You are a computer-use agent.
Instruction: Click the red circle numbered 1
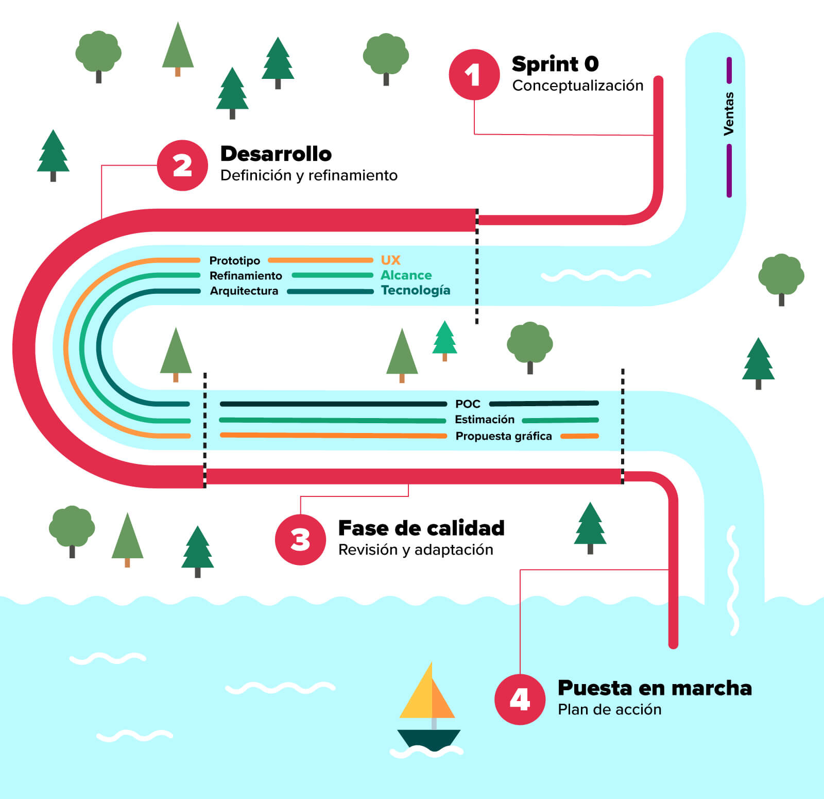coord(474,75)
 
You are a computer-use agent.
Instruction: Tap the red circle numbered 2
coord(182,165)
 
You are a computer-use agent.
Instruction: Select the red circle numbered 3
coord(300,540)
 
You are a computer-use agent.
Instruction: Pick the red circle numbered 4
coord(520,700)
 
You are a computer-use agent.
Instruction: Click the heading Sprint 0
coord(555,64)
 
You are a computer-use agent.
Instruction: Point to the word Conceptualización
coord(577,86)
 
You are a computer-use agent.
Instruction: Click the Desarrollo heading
coord(276,154)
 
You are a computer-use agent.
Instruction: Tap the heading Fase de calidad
coord(421,528)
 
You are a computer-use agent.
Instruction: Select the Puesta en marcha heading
coord(655,688)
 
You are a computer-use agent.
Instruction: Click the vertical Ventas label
coord(729,114)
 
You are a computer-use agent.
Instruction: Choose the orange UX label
coord(390,260)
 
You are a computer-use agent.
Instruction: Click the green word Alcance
coord(406,275)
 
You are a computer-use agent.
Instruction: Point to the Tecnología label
coord(415,290)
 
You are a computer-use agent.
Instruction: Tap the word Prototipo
coord(234,260)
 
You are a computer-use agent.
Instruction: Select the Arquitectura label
coord(244,291)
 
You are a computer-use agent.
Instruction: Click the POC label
coord(468,404)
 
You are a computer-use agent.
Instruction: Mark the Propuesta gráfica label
coord(503,436)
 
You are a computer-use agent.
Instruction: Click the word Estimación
coord(484,420)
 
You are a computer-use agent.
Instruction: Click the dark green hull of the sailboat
coord(428,738)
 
